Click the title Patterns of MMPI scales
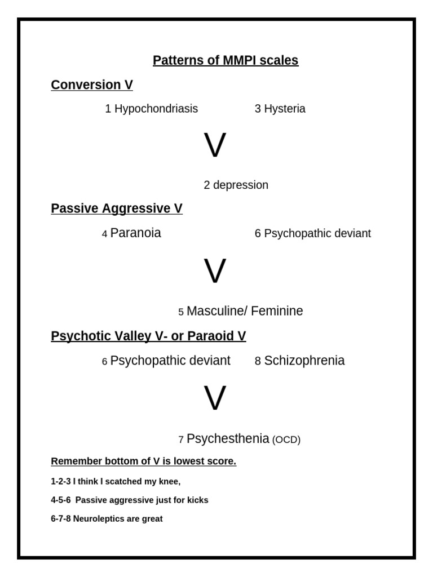click(226, 60)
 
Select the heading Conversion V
click(92, 85)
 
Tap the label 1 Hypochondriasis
click(152, 109)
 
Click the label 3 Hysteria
click(280, 109)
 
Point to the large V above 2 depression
click(215, 146)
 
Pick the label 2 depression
click(236, 185)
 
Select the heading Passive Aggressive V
click(117, 209)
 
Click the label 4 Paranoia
click(132, 233)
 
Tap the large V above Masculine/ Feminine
click(215, 272)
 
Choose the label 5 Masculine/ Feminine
click(241, 311)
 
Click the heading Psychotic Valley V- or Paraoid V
click(148, 336)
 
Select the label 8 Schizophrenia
click(299, 361)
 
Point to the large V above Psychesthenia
click(215, 399)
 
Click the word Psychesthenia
click(228, 439)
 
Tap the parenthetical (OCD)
click(286, 440)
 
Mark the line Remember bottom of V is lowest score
click(144, 461)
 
